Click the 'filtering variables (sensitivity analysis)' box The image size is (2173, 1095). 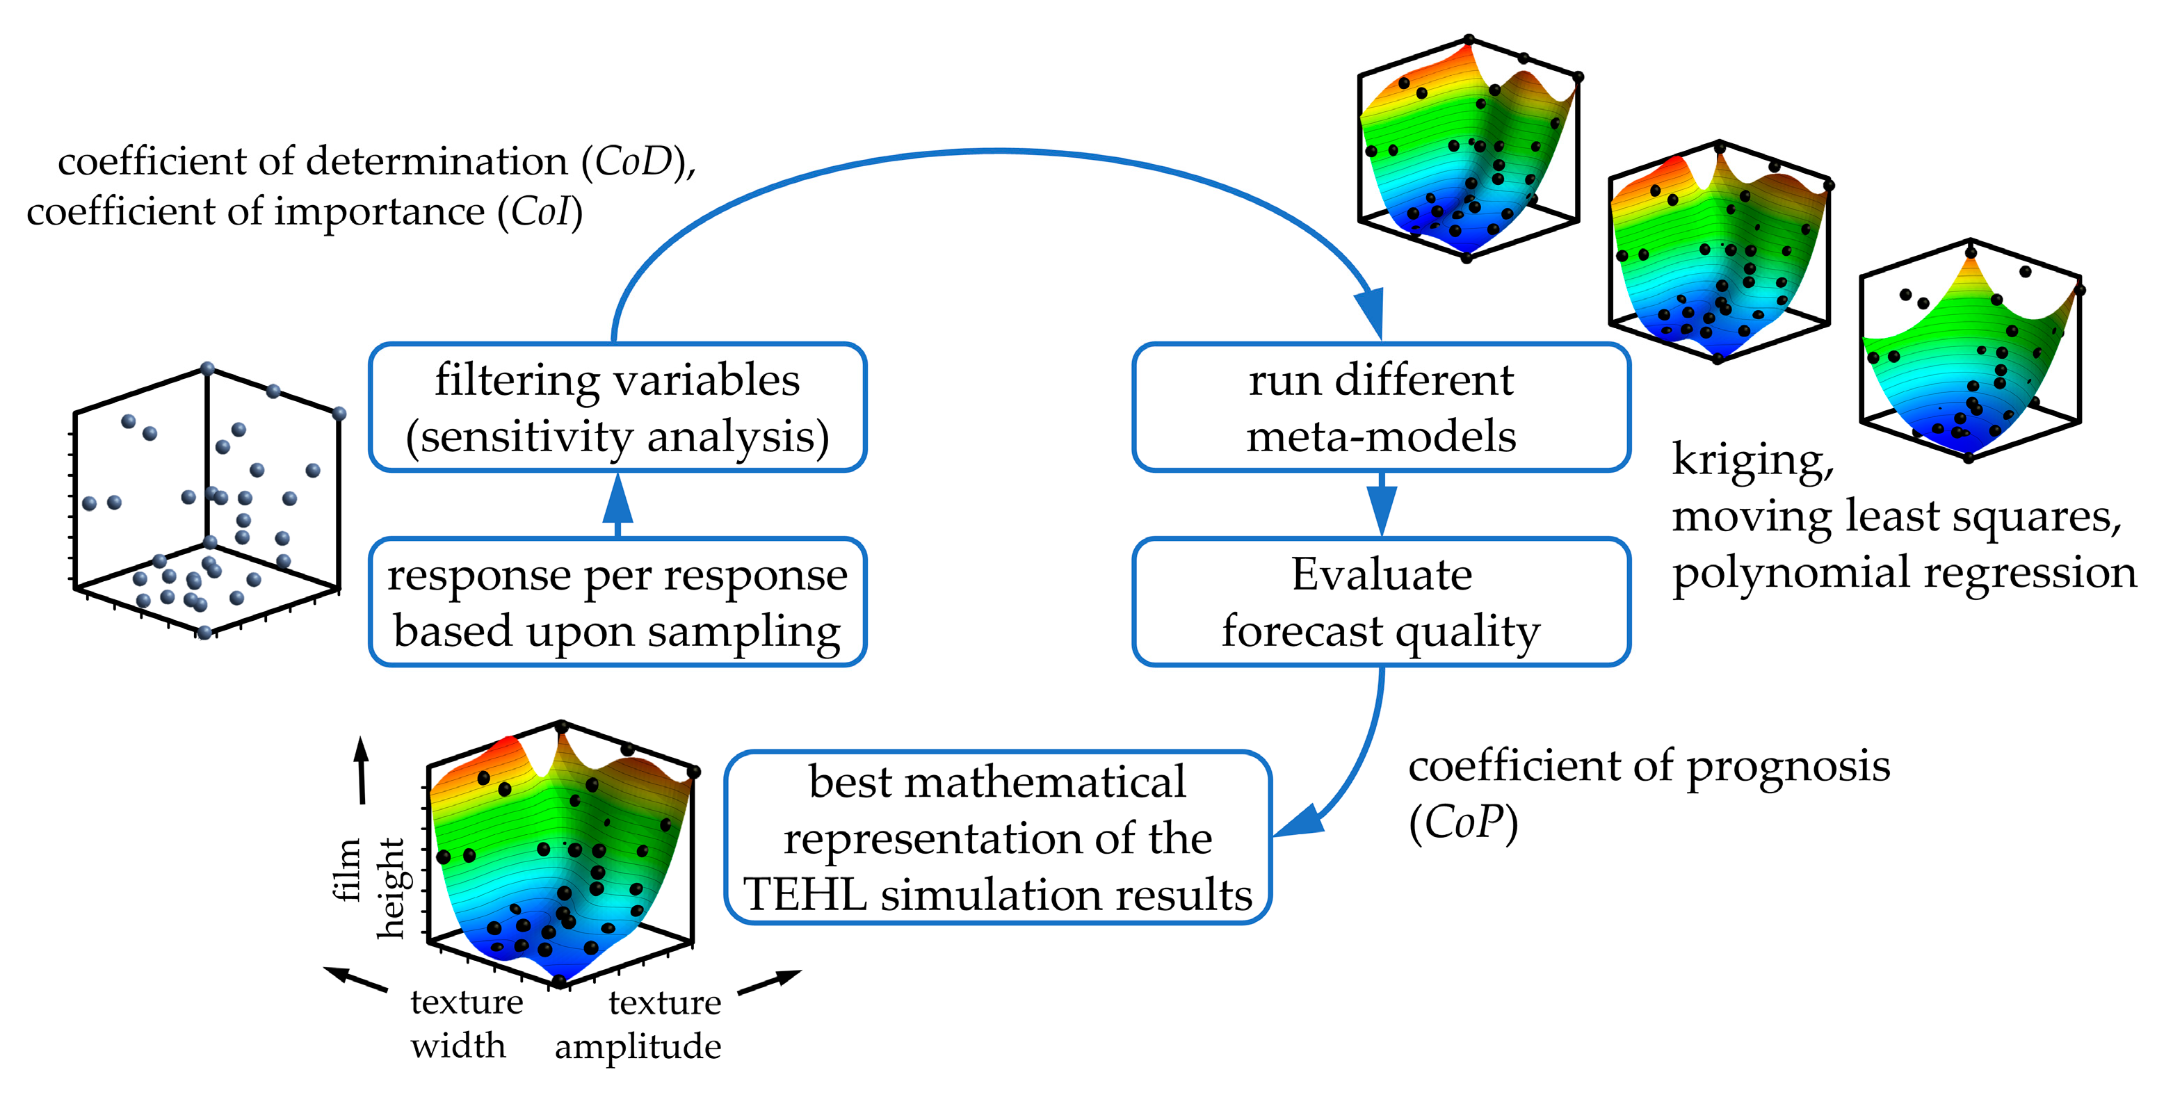click(x=617, y=407)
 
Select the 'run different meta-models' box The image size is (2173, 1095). click(x=1381, y=407)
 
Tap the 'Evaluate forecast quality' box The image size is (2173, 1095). click(x=1381, y=601)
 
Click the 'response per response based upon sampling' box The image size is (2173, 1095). click(x=617, y=601)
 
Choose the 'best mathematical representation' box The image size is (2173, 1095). click(x=997, y=838)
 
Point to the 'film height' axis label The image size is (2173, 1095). click(x=369, y=886)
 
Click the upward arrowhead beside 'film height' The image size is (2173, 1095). click(x=361, y=751)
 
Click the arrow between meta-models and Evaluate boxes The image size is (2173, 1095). click(x=1381, y=505)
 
